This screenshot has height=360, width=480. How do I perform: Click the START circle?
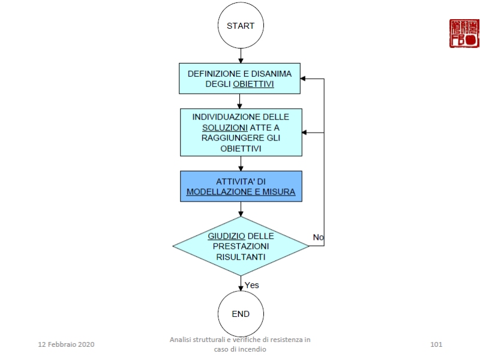tap(241, 26)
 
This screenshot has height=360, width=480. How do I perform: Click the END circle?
tap(241, 314)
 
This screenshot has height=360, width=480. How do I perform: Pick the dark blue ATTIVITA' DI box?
tap(241, 186)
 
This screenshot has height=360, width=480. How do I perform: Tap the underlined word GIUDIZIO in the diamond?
tap(226, 235)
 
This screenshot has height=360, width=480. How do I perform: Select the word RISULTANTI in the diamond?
tap(240, 257)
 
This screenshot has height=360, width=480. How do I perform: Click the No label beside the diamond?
tap(319, 238)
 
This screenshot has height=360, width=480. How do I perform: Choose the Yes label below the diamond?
tap(252, 285)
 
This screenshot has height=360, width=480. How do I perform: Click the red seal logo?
tap(464, 34)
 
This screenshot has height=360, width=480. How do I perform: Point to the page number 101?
tap(436, 344)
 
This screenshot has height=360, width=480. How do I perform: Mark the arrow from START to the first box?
tap(241, 55)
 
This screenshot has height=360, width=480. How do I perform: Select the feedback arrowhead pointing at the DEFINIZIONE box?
tap(304, 79)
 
